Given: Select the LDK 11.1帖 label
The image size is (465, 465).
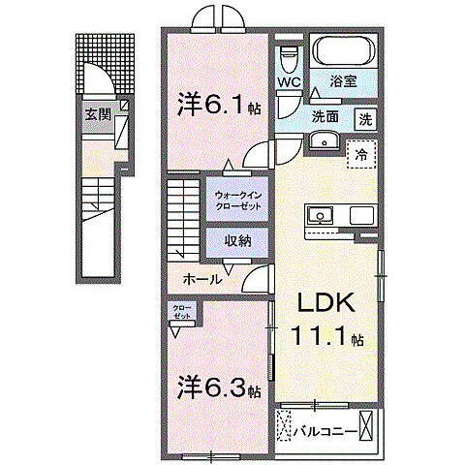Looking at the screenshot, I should (x=325, y=319).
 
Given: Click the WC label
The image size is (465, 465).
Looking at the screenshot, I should (x=290, y=82).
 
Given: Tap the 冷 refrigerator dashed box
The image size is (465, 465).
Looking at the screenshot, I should (x=360, y=153).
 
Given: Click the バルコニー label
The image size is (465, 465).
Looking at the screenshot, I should (x=325, y=424).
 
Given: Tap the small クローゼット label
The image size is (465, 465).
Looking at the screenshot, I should (x=182, y=311).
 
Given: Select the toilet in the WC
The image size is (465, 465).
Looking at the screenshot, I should (x=288, y=55).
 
